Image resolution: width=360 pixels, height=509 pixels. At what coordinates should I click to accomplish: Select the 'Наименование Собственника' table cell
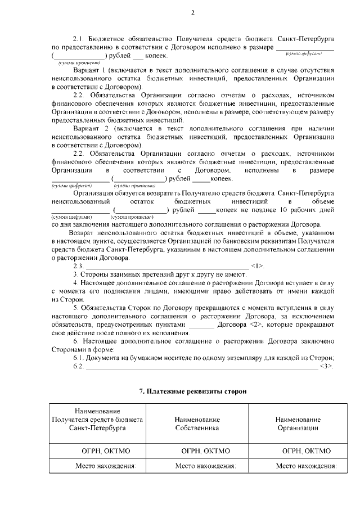tap(197, 424)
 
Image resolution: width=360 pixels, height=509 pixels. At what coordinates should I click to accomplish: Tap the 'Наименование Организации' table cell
tap(298, 424)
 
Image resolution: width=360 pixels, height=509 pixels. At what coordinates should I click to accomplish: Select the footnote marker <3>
tap(326, 367)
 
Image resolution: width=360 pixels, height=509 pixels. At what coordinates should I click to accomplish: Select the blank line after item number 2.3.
tap(166, 266)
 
